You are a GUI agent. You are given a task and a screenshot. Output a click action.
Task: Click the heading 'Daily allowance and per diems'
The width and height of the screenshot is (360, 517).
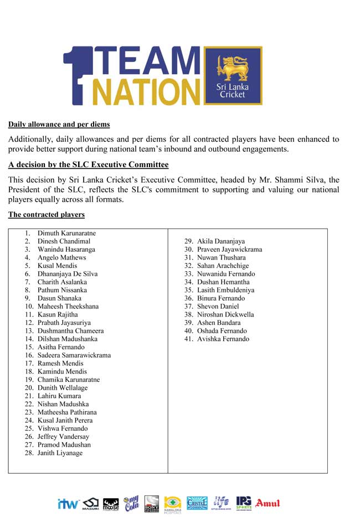59,125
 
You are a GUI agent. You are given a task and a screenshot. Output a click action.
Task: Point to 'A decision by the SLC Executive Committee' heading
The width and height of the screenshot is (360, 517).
89,165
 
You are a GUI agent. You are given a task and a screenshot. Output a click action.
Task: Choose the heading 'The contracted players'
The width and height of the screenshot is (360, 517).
47,214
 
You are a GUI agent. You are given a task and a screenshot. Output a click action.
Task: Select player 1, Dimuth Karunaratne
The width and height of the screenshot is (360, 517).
66,233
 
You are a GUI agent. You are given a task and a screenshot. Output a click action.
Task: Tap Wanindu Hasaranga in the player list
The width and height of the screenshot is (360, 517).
66,250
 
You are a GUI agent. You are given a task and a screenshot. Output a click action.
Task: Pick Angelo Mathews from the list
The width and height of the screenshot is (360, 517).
61,257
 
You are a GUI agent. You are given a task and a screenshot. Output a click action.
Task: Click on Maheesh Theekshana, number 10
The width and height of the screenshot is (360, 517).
68,306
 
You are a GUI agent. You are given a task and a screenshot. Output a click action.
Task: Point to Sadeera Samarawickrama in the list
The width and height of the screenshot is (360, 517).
74,355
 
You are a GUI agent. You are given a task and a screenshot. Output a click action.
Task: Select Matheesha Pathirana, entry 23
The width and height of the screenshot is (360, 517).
67,412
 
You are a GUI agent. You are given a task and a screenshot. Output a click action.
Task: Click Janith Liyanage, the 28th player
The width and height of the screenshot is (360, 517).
60,453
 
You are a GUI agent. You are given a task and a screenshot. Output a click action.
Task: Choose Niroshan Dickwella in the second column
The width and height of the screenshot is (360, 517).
225,314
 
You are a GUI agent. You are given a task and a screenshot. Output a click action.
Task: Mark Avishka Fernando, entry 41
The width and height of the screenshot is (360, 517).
223,339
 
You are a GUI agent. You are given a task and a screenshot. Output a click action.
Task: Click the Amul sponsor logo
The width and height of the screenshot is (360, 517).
268,503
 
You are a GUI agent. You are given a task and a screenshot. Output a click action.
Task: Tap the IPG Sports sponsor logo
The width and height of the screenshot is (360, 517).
244,503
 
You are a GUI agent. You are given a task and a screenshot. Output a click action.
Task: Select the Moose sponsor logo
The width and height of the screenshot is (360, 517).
111,504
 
